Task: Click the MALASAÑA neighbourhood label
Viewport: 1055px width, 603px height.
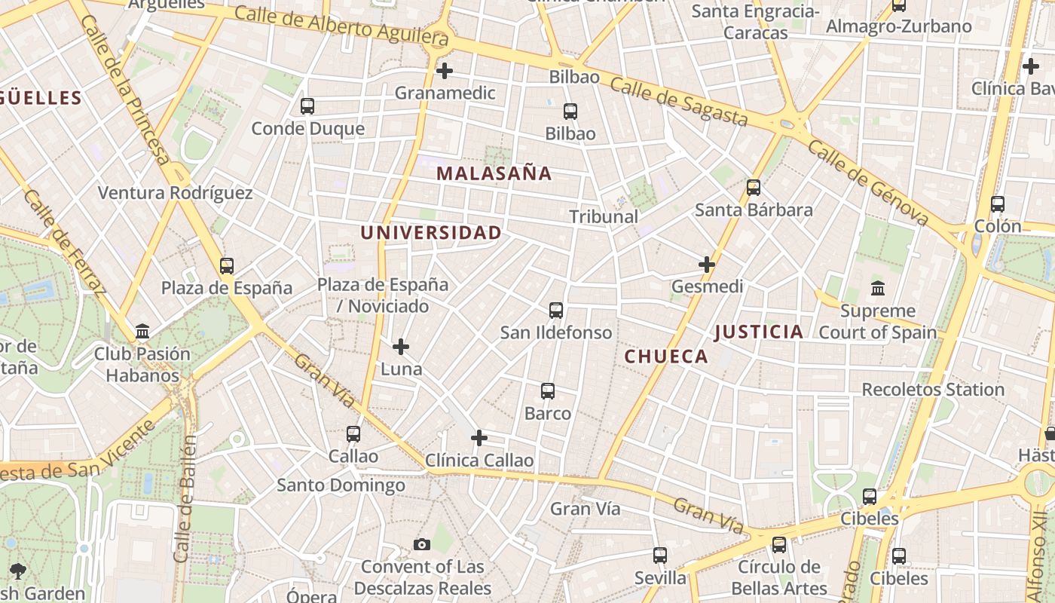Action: pos(494,173)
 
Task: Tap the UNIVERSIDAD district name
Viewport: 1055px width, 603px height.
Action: pos(430,233)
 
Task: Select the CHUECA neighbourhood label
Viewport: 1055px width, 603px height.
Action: pos(666,357)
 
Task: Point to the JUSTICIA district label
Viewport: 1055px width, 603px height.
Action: pos(758,332)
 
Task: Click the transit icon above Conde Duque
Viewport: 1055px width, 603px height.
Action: pos(307,106)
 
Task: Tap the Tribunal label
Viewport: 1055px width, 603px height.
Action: pos(603,217)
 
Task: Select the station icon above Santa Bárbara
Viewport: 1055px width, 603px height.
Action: pos(753,188)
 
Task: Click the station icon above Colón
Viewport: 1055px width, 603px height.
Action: pos(997,204)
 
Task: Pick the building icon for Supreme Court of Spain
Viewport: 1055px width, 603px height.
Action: pos(877,289)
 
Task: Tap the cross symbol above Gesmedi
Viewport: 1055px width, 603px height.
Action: pos(706,265)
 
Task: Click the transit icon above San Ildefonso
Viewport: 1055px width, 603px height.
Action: pos(555,311)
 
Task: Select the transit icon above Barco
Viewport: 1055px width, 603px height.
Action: pos(548,391)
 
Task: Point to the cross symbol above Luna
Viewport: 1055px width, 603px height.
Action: pos(401,347)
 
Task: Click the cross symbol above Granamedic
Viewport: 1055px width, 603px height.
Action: pos(445,71)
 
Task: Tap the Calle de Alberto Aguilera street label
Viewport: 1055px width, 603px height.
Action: pos(341,25)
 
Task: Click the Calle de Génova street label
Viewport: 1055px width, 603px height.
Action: pos(867,181)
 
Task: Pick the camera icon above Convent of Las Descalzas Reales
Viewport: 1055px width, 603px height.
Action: pos(422,544)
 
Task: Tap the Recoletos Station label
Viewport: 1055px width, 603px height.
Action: pos(932,390)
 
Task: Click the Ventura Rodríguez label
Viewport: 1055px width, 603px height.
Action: pos(175,193)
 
